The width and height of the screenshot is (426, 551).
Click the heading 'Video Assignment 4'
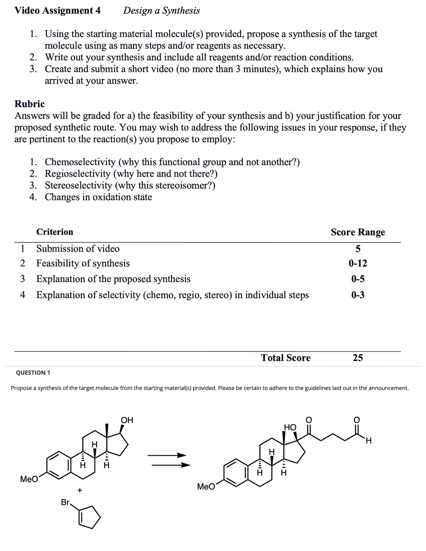click(57, 11)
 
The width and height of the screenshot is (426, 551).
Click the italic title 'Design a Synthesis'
click(162, 11)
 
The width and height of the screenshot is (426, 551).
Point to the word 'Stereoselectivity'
click(78, 185)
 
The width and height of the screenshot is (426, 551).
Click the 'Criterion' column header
click(55, 232)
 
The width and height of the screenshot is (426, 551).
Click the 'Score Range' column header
click(358, 232)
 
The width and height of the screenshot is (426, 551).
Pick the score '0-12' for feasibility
click(358, 263)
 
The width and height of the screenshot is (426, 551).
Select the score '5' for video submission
click(358, 249)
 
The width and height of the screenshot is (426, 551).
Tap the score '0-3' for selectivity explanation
click(358, 295)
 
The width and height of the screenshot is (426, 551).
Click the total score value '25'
click(358, 358)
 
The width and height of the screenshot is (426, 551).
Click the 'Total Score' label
click(286, 358)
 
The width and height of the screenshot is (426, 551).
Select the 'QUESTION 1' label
click(33, 373)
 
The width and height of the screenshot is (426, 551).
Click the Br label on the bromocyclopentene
click(65, 502)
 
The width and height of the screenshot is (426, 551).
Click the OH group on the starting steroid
click(127, 420)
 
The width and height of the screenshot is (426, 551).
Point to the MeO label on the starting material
click(29, 479)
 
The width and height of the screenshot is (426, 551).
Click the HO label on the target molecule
click(290, 427)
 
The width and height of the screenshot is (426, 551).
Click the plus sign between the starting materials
click(80, 490)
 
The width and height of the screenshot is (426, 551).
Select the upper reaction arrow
click(167, 455)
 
